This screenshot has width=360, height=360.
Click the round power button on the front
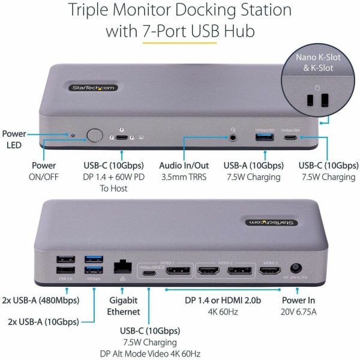[x=94, y=136]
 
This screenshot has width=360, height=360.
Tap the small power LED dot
[x=73, y=136]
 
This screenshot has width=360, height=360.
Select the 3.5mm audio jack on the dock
[x=232, y=136]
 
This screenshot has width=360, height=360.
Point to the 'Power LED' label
[x=14, y=139]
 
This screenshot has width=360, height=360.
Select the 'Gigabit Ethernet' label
[x=124, y=307]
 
